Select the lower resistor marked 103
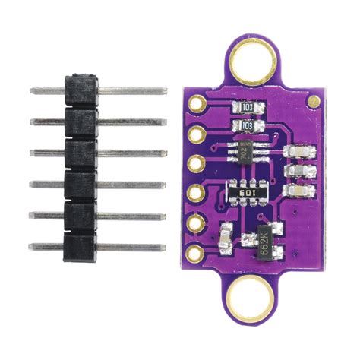245,126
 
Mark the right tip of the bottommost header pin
163,248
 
